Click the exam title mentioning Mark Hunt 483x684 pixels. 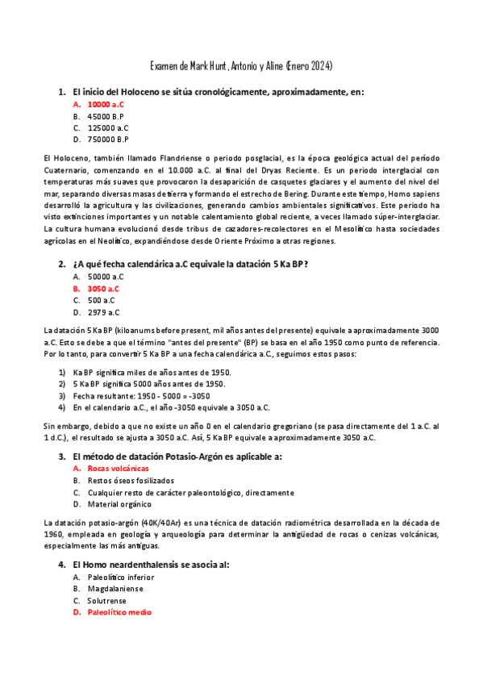(242, 65)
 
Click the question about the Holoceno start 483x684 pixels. (218, 92)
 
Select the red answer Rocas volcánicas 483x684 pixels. (119, 468)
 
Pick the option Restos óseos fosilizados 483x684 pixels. (130, 480)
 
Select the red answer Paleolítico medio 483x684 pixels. (119, 612)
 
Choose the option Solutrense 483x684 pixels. (109, 600)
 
